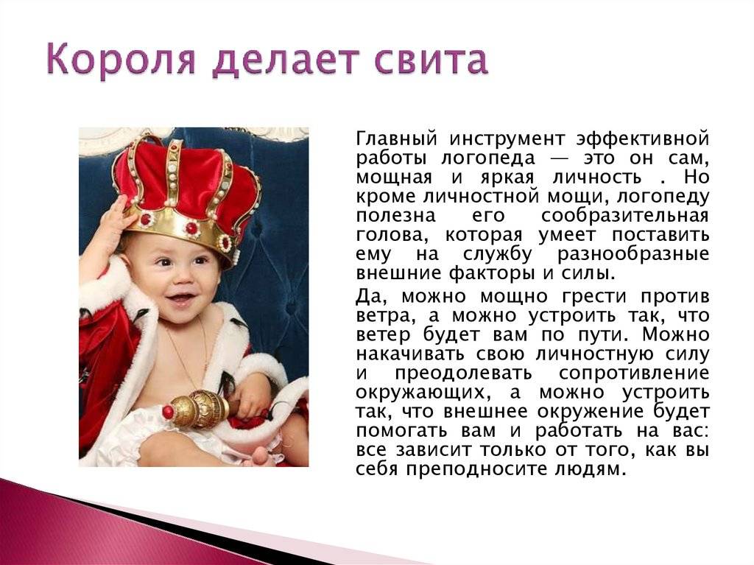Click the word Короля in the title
(121, 60)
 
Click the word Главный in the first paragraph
(397, 138)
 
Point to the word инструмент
(507, 139)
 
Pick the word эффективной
(642, 138)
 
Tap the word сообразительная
(625, 216)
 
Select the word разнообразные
(633, 254)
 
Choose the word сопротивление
(634, 373)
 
